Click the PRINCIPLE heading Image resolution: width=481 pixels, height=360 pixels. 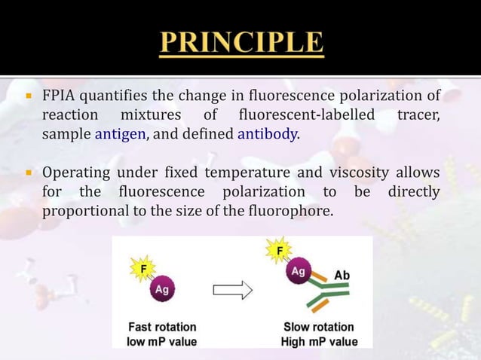click(240, 43)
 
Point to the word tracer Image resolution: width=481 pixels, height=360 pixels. click(418, 116)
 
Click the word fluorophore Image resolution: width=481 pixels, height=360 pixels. click(290, 211)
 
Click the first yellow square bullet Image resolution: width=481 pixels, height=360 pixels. click(26, 97)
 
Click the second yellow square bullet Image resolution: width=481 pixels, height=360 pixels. click(26, 174)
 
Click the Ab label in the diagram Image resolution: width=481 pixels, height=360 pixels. click(342, 276)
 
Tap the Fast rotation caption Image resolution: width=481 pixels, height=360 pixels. click(162, 328)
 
